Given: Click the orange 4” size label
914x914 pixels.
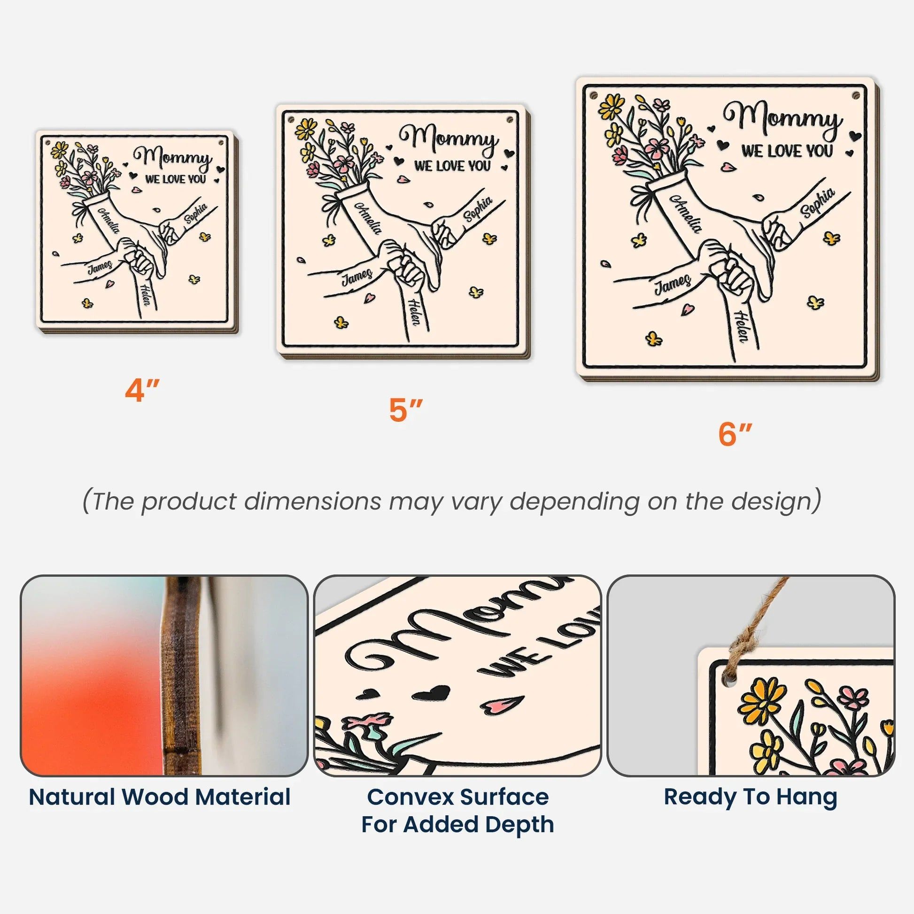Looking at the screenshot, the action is tap(142, 391).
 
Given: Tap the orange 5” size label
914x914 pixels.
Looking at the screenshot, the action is tap(405, 410).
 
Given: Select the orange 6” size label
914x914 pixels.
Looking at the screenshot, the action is tap(735, 434).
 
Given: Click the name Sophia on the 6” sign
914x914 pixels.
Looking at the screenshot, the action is tap(817, 203).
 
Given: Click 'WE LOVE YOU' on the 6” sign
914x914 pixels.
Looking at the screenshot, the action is tap(787, 151).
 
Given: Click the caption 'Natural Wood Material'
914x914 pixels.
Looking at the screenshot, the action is tap(159, 797).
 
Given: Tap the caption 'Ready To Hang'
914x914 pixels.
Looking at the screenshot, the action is tap(750, 797).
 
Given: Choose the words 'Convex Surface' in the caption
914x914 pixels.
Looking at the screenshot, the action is tap(457, 797).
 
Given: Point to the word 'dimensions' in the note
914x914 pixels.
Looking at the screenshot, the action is tap(312, 502).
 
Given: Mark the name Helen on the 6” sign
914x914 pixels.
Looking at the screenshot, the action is tap(742, 326).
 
